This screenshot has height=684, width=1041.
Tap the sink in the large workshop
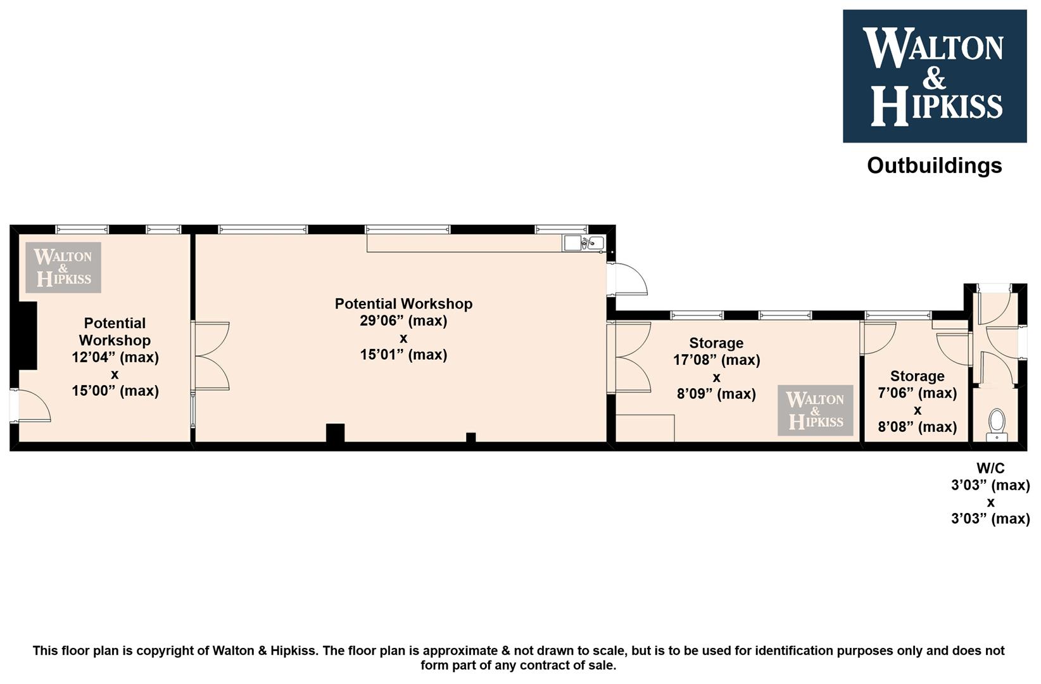pyautogui.click(x=584, y=243)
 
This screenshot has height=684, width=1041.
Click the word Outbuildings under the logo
pyautogui.click(x=934, y=166)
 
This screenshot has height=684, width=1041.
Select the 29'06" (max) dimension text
pyautogui.click(x=403, y=320)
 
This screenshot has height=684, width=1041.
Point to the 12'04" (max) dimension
pyautogui.click(x=115, y=357)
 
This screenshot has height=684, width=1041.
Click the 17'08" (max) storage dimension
pyautogui.click(x=717, y=360)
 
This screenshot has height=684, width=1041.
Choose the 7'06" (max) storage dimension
pyautogui.click(x=917, y=393)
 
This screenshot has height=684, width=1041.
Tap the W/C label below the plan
pyautogui.click(x=990, y=468)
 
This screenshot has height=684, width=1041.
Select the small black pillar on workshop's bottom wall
pyautogui.click(x=470, y=437)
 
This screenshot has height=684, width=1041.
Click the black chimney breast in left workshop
pyautogui.click(x=27, y=336)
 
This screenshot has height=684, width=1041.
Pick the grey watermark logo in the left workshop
pyautogui.click(x=63, y=268)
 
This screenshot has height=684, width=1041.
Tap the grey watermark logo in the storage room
pyautogui.click(x=816, y=410)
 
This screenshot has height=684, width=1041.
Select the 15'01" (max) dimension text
pyautogui.click(x=403, y=355)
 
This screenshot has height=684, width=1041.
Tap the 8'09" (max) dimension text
pyautogui.click(x=717, y=394)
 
